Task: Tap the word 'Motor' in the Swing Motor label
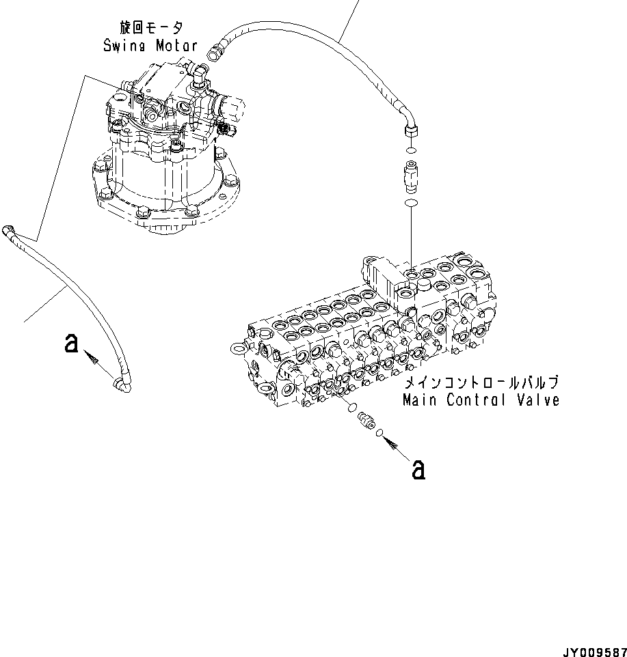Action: click(175, 46)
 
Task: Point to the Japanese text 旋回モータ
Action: click(151, 29)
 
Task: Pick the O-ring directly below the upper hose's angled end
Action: click(411, 150)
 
